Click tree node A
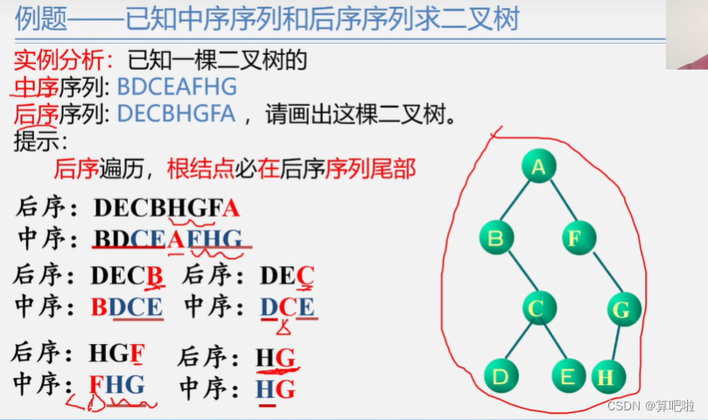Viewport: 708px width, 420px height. point(539,167)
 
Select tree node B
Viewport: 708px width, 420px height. point(496,237)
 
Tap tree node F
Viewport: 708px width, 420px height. point(577,237)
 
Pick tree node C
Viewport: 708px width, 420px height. point(540,308)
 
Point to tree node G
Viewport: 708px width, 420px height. point(622,309)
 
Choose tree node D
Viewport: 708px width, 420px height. point(501,376)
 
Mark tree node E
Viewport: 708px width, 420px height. point(568,376)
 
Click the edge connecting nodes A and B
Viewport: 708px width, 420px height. point(517,202)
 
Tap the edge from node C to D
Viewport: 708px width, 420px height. point(520,343)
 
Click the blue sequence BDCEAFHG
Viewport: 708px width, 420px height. point(177,87)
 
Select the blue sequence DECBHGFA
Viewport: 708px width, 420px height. point(176,114)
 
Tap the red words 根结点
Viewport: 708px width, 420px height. point(195,168)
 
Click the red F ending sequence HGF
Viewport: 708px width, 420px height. point(138,353)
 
